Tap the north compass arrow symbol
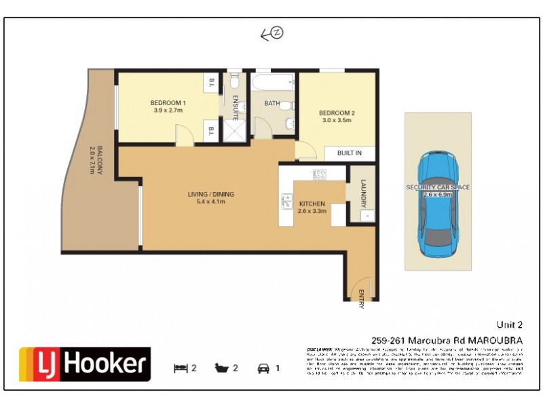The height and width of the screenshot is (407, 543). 272,34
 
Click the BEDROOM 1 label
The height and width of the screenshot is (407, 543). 169,106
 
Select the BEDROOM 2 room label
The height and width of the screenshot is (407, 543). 336,116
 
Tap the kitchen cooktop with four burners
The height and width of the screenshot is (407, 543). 319,174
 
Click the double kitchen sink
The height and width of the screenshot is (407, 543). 287,201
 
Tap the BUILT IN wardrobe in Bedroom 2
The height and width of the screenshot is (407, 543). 349,153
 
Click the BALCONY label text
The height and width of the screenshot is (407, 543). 95,160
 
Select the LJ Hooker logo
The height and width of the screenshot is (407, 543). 84,365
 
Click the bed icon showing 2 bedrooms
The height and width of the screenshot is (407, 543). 180,368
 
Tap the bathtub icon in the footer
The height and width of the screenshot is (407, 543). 222,368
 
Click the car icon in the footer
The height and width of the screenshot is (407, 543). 263,368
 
